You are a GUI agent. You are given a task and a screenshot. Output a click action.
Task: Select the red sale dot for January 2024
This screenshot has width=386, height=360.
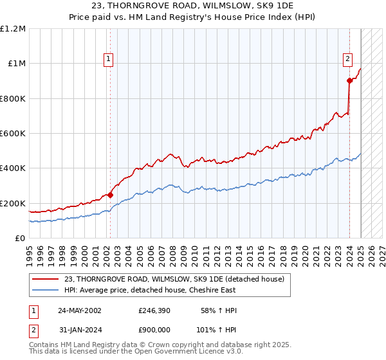tap(349, 81)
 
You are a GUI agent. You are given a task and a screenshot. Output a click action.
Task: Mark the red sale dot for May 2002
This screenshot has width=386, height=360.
tap(110, 195)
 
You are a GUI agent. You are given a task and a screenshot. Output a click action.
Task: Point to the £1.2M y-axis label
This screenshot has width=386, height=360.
tap(13, 29)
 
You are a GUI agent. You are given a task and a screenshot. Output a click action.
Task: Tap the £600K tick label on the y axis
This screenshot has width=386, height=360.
tap(12, 134)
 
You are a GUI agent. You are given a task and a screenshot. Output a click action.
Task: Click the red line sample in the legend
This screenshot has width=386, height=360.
tap(46, 278)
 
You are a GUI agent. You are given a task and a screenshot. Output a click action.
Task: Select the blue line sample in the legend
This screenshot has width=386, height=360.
tap(46, 290)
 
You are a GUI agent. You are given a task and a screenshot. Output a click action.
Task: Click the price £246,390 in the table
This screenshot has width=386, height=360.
tap(153, 310)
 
